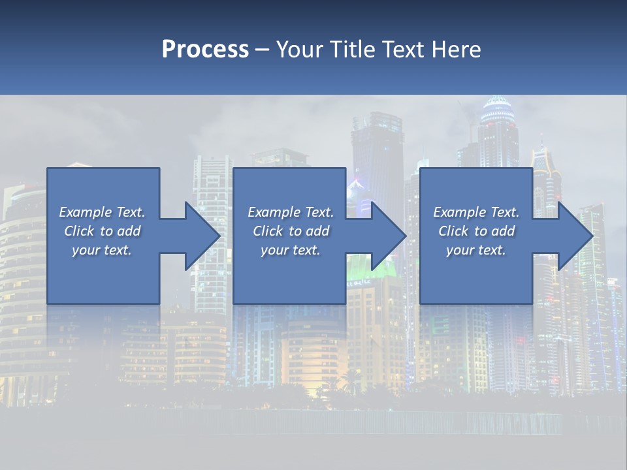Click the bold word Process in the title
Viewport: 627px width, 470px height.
205,50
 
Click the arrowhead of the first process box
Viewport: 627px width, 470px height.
202,236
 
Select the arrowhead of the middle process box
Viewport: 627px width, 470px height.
389,236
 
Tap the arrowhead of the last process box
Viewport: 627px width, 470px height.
575,236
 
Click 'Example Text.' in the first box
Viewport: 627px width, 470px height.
102,212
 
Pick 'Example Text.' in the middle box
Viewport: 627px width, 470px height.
291,212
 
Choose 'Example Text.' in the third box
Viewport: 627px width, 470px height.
476,212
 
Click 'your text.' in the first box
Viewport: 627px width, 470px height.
102,250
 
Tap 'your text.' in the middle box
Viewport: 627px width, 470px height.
291,250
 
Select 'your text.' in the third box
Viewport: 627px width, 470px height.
476,250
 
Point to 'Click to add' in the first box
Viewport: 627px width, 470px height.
102,231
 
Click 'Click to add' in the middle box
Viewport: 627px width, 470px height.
291,231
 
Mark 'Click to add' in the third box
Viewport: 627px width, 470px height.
476,231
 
